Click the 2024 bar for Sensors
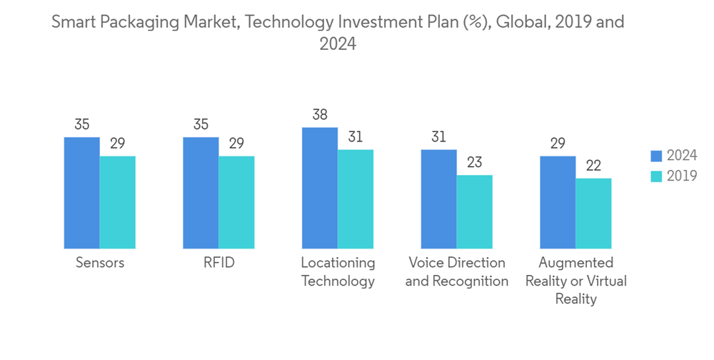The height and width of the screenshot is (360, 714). coord(82,193)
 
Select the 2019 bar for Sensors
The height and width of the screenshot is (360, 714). coord(118,202)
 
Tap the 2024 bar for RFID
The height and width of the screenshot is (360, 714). coord(201,193)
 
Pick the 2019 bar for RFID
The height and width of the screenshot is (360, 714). coord(236,202)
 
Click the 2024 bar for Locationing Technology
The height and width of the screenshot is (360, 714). coord(320,188)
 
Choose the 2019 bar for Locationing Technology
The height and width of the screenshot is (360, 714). coord(356,199)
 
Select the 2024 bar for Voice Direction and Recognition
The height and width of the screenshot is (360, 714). coord(438,199)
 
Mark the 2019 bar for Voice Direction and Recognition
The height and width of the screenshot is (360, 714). coord(474,212)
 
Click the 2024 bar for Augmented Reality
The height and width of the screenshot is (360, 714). coord(558,202)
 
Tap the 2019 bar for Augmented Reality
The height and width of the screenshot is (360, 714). coord(593,214)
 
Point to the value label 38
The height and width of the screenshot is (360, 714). coord(320,114)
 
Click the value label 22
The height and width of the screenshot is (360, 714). coord(593,165)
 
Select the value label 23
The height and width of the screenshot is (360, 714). coord(474,162)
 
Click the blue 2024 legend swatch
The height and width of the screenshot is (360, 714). coord(656,156)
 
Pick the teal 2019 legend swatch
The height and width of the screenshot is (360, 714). coord(656,176)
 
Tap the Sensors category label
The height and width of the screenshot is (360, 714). coord(100,263)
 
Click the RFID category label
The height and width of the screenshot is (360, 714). coord(218,263)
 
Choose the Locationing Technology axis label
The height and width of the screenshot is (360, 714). coord(338,271)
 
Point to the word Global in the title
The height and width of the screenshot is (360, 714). coord(524,22)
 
